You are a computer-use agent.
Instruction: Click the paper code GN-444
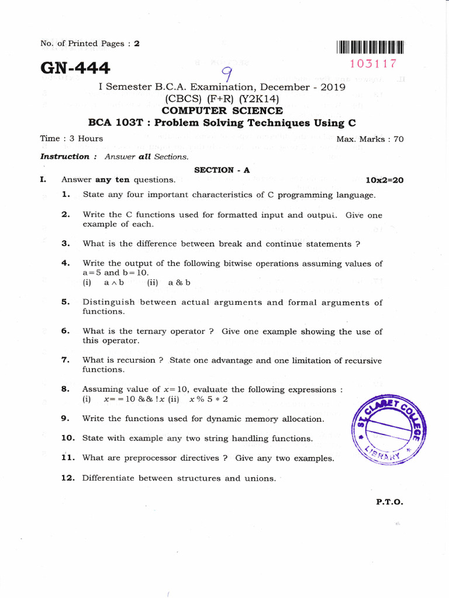pyautogui.click(x=74, y=68)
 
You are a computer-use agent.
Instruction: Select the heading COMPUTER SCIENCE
pyautogui.click(x=222, y=110)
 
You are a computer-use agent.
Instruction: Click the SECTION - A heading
pyautogui.click(x=222, y=170)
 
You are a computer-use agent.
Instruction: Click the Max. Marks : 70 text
pyautogui.click(x=369, y=139)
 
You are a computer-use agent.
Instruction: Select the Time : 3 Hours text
pyautogui.click(x=71, y=138)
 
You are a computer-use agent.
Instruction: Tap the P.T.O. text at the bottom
pyautogui.click(x=389, y=502)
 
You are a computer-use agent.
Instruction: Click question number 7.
pyautogui.click(x=65, y=360)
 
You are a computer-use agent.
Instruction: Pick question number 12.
pyautogui.click(x=68, y=478)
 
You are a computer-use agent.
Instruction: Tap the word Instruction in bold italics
pyautogui.click(x=64, y=157)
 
